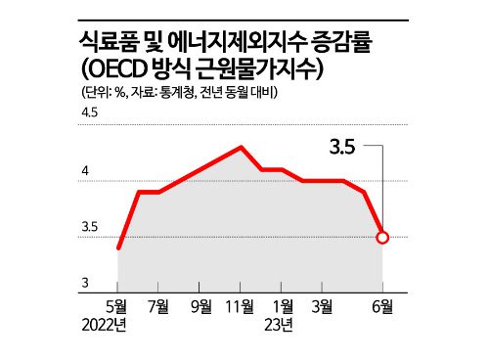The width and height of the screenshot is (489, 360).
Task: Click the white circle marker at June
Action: (382, 237)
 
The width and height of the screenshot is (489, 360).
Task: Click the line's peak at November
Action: (241, 147)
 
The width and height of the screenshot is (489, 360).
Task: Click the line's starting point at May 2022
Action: (118, 247)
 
